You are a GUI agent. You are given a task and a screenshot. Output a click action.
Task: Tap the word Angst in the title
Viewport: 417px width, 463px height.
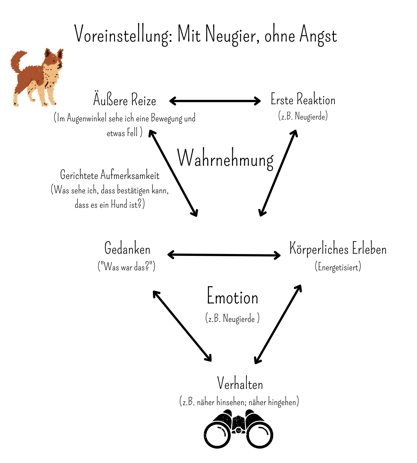(x=318, y=35)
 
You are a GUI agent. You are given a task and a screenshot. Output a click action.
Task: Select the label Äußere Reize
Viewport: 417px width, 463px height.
(x=124, y=99)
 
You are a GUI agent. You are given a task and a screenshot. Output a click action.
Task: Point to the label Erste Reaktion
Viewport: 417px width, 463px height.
(x=303, y=99)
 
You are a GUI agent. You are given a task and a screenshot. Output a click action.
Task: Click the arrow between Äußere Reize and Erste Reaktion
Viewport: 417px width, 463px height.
(x=215, y=101)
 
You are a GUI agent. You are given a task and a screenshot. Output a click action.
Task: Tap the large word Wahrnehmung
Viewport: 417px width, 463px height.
(x=225, y=159)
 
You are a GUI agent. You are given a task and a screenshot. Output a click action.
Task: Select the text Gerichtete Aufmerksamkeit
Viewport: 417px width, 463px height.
(x=110, y=175)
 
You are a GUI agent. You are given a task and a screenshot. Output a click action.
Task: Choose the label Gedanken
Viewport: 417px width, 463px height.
(x=127, y=248)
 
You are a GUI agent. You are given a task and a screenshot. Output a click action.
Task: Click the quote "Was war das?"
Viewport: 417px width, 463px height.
(x=126, y=267)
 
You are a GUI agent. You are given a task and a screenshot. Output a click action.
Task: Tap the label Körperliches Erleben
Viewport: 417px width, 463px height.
(x=338, y=249)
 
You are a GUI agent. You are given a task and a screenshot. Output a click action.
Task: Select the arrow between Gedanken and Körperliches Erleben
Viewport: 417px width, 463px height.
(x=224, y=255)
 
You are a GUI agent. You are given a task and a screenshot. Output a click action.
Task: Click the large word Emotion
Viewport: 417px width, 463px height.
(x=232, y=296)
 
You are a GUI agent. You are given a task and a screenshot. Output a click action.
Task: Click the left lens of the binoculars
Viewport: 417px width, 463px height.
(x=217, y=435)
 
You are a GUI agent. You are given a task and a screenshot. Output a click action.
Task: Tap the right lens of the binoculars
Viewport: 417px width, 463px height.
(x=260, y=435)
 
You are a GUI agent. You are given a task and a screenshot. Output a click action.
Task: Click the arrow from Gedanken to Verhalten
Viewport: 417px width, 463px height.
(x=182, y=326)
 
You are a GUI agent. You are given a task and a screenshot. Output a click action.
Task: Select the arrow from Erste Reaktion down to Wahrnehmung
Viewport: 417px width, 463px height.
(x=278, y=173)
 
